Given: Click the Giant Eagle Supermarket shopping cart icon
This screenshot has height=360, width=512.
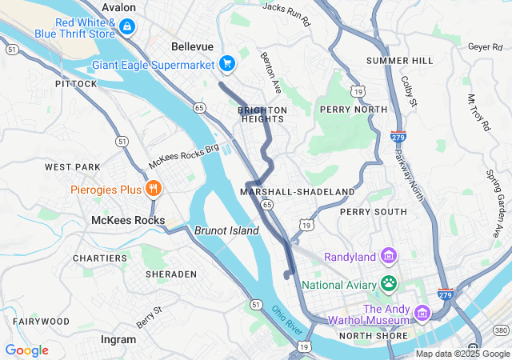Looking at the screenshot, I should tap(227, 63).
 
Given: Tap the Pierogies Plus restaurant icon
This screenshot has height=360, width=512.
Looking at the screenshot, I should tap(153, 190).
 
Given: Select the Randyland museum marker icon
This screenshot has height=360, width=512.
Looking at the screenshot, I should tap(389, 257).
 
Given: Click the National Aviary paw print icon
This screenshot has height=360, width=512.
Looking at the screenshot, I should tap(389, 282).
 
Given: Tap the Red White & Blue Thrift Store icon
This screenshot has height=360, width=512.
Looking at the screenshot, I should tap(126, 27).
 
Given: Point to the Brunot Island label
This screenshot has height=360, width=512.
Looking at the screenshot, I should tap(226, 230).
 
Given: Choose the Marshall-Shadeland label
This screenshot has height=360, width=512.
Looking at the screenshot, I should tap(297, 192).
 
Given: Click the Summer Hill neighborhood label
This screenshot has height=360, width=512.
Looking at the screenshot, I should tap(399, 61).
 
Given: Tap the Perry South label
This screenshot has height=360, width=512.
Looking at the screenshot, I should tap(373, 212).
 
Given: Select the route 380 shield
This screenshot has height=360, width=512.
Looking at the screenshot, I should tap(501, 330).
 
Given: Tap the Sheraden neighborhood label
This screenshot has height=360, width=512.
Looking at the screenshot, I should tap(170, 274).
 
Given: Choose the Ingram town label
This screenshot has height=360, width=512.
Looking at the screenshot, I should tap(118, 339).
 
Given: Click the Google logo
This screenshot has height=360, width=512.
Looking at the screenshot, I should tap(26, 350).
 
